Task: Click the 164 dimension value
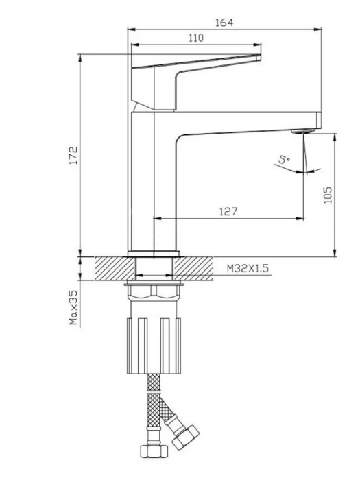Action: tap(224, 23)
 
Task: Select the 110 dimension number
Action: tap(196, 38)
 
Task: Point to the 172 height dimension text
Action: tap(74, 156)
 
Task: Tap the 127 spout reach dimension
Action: tap(228, 211)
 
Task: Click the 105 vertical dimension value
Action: tap(327, 195)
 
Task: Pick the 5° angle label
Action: tap(284, 160)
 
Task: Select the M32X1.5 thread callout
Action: tap(248, 269)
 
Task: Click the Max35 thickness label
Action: tap(74, 307)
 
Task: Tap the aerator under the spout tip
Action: tap(302, 132)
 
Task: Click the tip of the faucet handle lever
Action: tap(259, 58)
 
